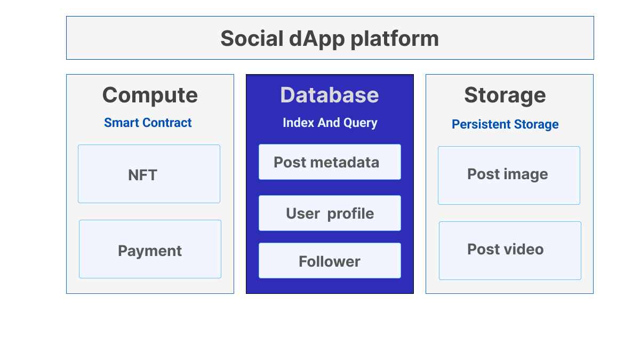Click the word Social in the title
(250, 38)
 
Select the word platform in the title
(393, 38)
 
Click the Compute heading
(150, 95)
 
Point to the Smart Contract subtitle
(148, 123)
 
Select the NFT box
(149, 174)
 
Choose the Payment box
(150, 249)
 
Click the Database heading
(330, 95)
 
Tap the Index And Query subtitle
(330, 123)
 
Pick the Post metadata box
(330, 162)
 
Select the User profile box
(330, 213)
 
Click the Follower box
(330, 261)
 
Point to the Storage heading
(505, 95)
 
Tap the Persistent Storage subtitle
(505, 124)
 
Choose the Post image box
(509, 175)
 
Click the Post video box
(510, 251)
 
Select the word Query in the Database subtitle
(361, 123)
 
